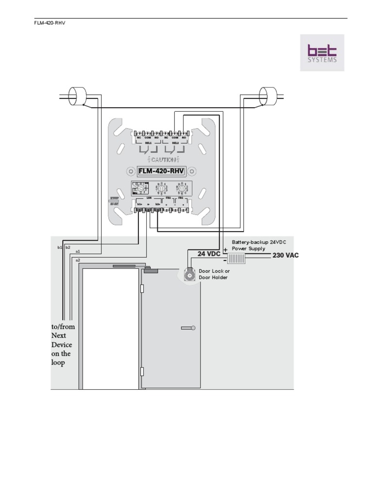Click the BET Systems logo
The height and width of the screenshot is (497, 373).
pyautogui.click(x=322, y=52)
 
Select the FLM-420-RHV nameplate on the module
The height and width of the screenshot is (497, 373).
pyautogui.click(x=161, y=171)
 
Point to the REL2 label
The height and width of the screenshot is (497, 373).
pyautogui.click(x=175, y=143)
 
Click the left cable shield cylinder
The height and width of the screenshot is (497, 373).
pyautogui.click(x=77, y=96)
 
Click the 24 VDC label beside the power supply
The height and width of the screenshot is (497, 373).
pyautogui.click(x=209, y=254)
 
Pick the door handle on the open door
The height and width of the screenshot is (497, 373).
pyautogui.click(x=188, y=328)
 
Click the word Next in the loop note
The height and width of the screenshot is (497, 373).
pyautogui.click(x=58, y=336)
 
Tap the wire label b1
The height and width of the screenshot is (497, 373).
pyautogui.click(x=60, y=248)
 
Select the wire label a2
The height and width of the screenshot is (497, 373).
pyautogui.click(x=78, y=260)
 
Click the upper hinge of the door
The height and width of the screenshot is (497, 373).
pyautogui.click(x=142, y=289)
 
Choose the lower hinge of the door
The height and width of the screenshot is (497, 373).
pyautogui.click(x=142, y=372)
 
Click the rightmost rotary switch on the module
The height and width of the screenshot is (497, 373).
pyautogui.click(x=182, y=188)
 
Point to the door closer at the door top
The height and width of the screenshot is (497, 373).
pyautogui.click(x=151, y=271)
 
